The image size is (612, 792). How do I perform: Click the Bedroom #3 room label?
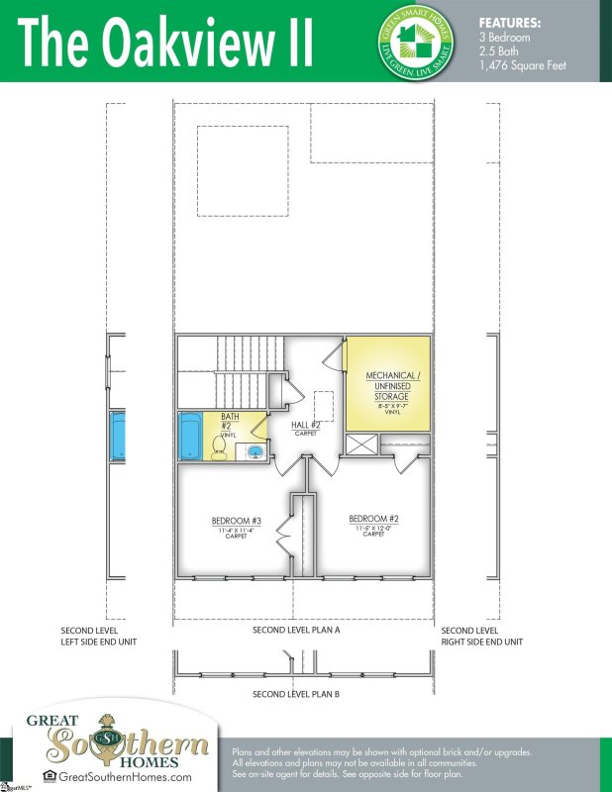point(236,521)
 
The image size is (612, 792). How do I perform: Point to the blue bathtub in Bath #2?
point(190,437)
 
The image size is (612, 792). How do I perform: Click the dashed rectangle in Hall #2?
point(323,406)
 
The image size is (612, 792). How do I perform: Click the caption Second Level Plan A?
point(296,631)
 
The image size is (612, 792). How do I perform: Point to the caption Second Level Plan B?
point(296,694)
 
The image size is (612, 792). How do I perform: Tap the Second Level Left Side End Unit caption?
point(98,637)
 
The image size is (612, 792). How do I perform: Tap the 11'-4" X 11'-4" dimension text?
point(236,531)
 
